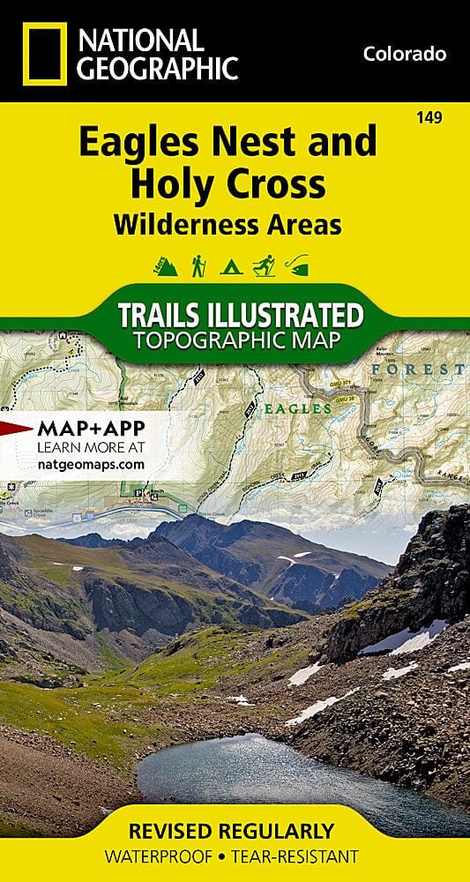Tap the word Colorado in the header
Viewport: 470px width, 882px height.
click(x=404, y=55)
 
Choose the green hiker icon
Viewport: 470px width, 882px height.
click(x=198, y=265)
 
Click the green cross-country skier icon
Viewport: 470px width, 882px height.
click(x=264, y=265)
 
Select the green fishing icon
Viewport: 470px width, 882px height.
click(x=299, y=265)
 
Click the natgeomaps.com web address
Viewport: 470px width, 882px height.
click(x=90, y=463)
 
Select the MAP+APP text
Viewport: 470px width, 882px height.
click(x=91, y=429)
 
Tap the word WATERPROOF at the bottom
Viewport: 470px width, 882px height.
click(x=158, y=856)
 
